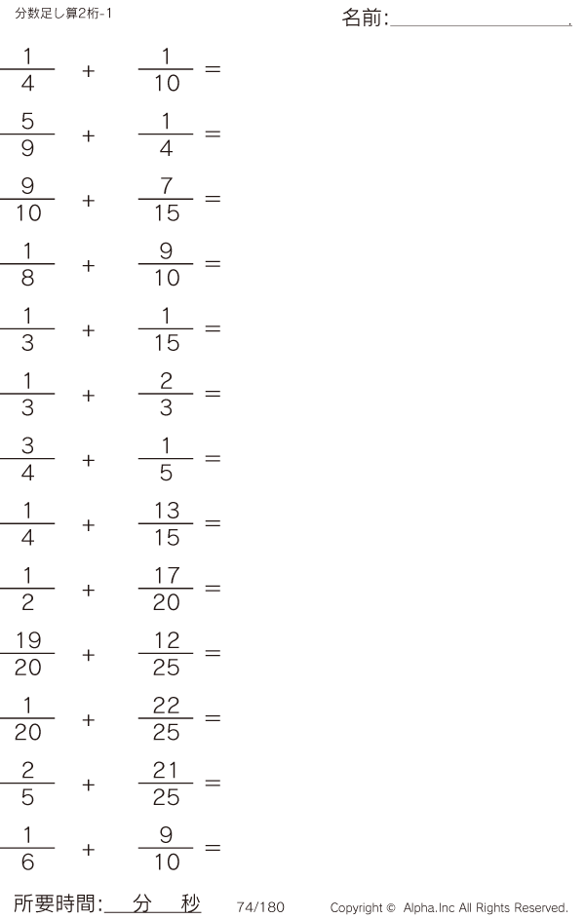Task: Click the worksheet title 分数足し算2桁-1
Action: pos(63,13)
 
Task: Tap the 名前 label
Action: pos(363,18)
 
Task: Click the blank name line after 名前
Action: pos(481,25)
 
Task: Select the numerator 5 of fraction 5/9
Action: pos(27,121)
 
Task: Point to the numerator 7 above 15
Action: pos(167,186)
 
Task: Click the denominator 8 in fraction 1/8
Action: pos(27,278)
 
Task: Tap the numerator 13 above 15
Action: pos(167,511)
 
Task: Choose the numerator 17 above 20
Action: pos(167,576)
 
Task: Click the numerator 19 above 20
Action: pos(27,640)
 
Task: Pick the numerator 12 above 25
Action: pos(167,640)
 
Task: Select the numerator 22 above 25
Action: pos(167,706)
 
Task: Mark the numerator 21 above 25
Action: pos(166,770)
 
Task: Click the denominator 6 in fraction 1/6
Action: pos(27,862)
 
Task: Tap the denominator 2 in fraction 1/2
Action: pos(27,602)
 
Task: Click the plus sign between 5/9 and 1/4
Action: pos(89,136)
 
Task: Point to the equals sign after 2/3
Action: pos(213,394)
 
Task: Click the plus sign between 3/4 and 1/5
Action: pos(89,461)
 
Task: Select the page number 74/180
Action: pos(260,906)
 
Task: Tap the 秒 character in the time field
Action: pos(190,903)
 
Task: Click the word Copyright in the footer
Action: pos(357,908)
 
